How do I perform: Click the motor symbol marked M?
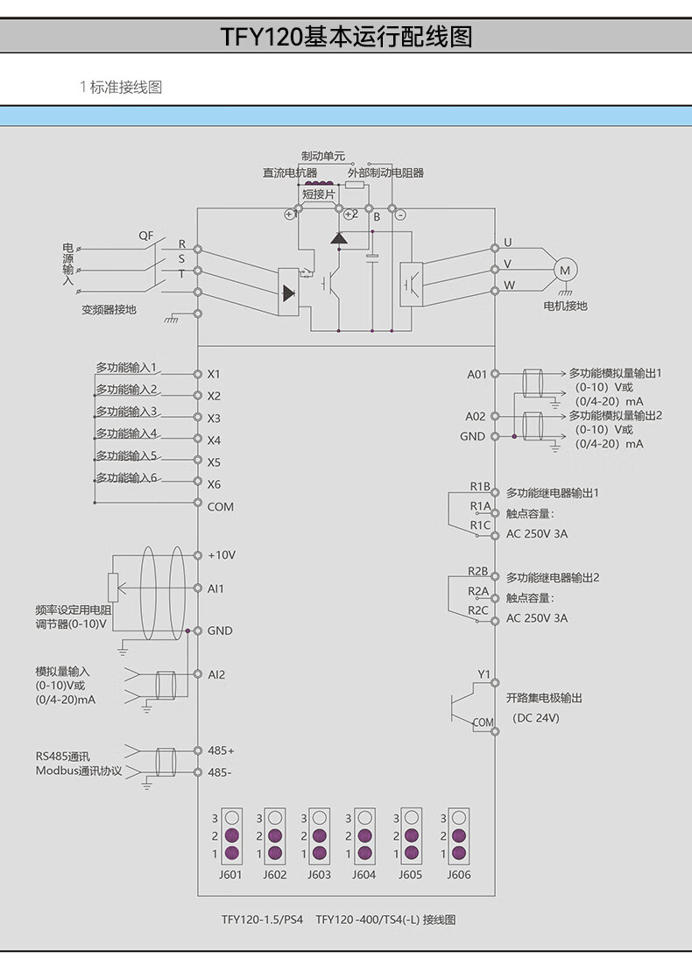[x=565, y=270]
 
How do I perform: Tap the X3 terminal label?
[x=214, y=418]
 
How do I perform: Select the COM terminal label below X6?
[x=220, y=506]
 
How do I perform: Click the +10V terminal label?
[x=222, y=555]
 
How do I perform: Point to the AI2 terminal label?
[x=216, y=674]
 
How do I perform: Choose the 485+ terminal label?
[x=221, y=750]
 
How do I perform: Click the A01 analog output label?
[x=476, y=374]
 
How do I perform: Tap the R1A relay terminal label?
[x=480, y=506]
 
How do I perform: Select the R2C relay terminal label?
[x=478, y=610]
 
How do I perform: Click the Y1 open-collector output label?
[x=484, y=674]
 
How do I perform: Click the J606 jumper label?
[x=458, y=874]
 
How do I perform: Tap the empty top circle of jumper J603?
[x=320, y=817]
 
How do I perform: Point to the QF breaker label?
[x=145, y=236]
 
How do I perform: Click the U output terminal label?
[x=507, y=243]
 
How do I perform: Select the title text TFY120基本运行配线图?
[x=346, y=38]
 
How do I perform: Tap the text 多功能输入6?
[x=126, y=478]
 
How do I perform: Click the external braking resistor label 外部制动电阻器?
[x=385, y=173]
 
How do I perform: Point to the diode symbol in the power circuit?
[x=339, y=238]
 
